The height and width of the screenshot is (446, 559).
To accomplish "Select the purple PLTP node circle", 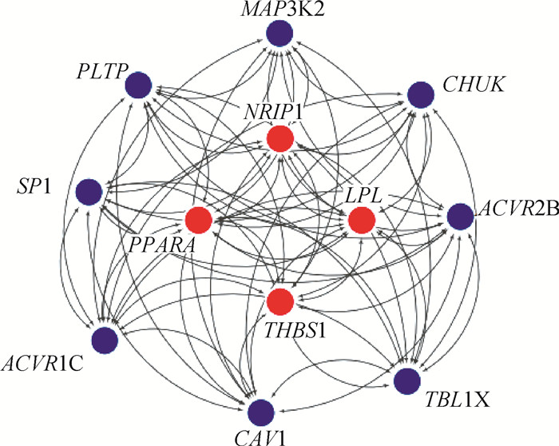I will click(139, 85).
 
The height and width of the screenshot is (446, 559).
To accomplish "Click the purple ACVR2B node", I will click(461, 217).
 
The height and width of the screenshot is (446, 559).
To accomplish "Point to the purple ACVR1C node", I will click(105, 340).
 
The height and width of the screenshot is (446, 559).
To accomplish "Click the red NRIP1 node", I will click(280, 140).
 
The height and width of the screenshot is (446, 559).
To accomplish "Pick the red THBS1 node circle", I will click(280, 301).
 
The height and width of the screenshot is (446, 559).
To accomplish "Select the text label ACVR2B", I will click(515, 212).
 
